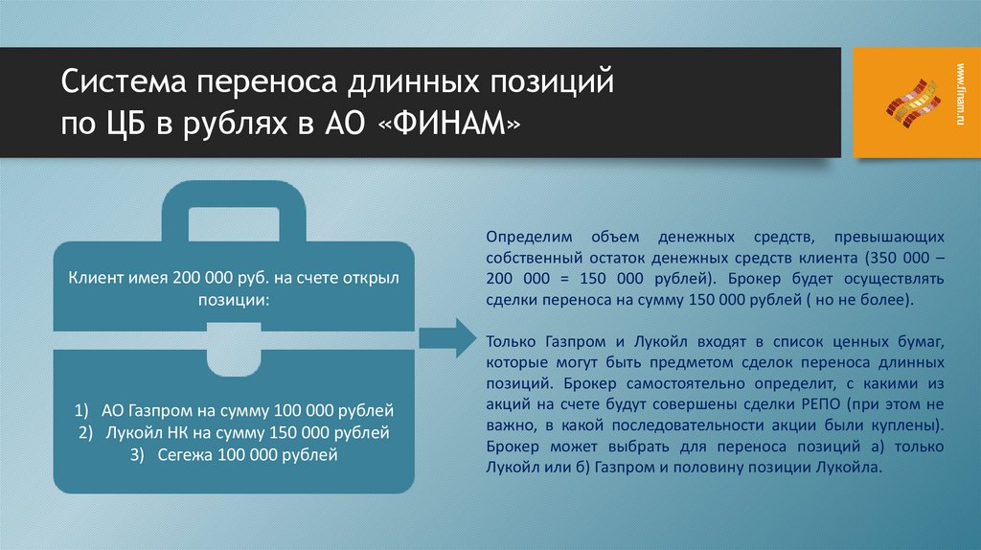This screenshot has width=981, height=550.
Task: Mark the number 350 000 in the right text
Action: pyautogui.click(x=898, y=258)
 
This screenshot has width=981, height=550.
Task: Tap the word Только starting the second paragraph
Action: pyautogui.click(x=511, y=341)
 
